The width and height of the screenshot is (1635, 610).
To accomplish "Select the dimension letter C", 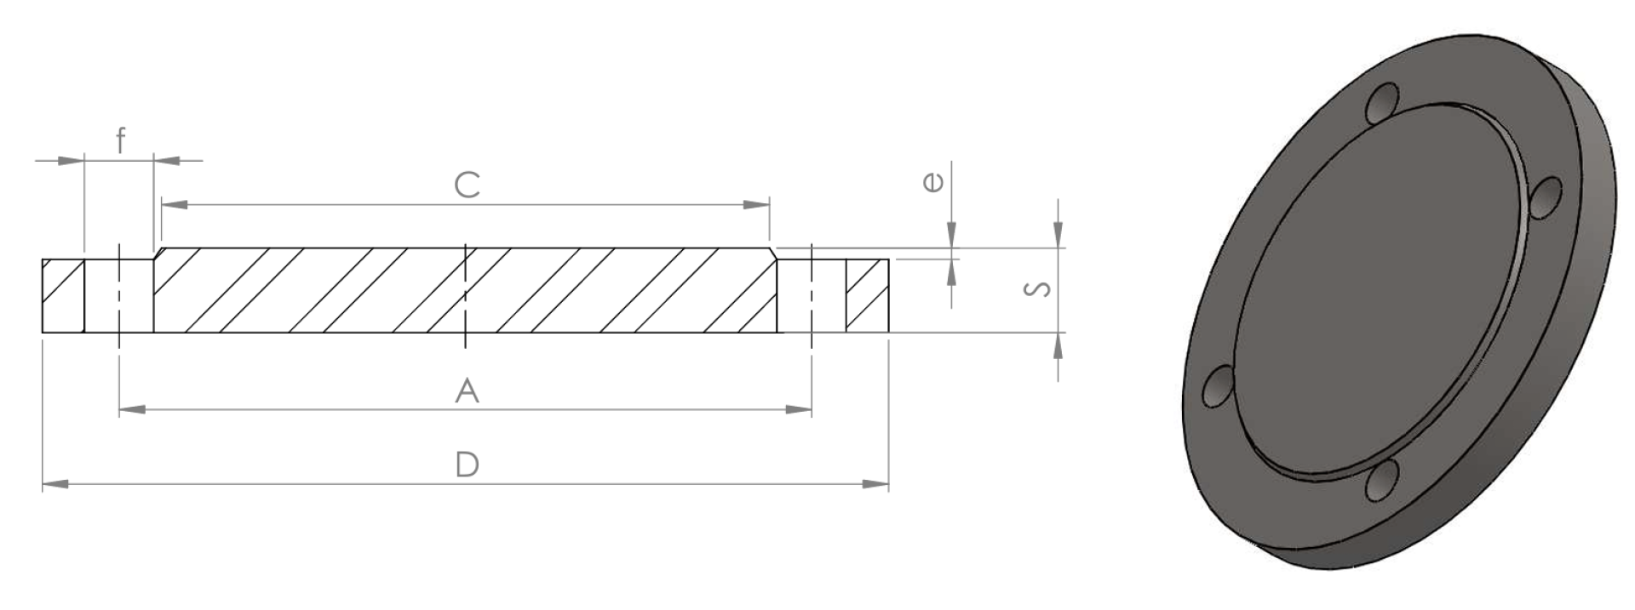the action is (467, 185).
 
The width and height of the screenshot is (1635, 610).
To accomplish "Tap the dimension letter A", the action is (467, 391).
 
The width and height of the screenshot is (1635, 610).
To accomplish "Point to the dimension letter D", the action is (467, 465).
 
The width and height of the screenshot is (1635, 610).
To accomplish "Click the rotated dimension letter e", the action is (933, 181).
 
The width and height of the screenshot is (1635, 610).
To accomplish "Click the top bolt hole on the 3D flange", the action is (1384, 104).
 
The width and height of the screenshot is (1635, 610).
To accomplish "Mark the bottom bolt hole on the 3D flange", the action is (1382, 481).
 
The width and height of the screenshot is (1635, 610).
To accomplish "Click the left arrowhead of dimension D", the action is (55, 484).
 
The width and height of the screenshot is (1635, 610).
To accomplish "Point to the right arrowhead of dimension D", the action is (875, 484).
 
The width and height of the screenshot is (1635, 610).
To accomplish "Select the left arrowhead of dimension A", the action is (133, 410).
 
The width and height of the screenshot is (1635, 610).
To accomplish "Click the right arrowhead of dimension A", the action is (798, 410).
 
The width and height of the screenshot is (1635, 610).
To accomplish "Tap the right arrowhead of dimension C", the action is (755, 204).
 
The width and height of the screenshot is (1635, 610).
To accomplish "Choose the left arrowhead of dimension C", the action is (175, 204).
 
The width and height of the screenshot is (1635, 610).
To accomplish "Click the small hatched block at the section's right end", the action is (867, 295).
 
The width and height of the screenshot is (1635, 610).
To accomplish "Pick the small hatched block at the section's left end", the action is (63, 295).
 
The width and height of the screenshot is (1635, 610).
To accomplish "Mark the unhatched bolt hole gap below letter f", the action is (119, 295).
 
